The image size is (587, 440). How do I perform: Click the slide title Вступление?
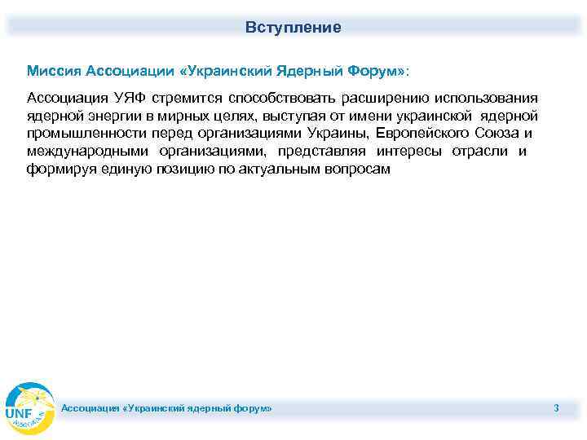[x=293, y=28]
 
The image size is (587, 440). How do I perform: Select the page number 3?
[x=556, y=407]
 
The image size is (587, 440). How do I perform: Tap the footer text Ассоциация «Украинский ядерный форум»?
[x=167, y=407]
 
